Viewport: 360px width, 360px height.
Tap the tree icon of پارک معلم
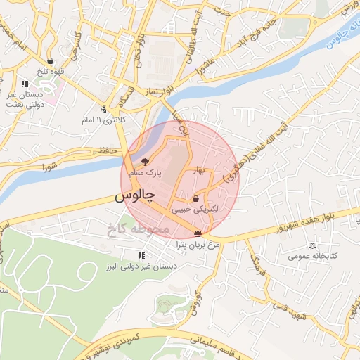coord(146,162)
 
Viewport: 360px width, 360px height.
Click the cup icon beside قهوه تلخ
coord(50,60)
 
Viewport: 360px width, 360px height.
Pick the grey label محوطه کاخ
coord(136,229)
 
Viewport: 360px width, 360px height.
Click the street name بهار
coord(199,172)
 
